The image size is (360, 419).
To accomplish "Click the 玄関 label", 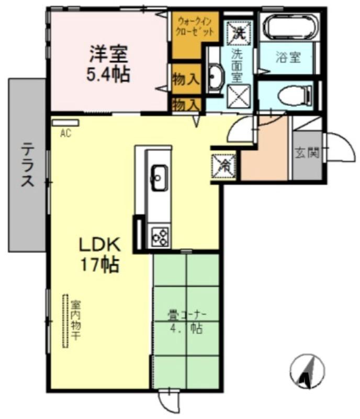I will click(307, 153).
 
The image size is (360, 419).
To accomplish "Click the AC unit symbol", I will click(69, 123).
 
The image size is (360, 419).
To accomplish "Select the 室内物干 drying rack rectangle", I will click(65, 321).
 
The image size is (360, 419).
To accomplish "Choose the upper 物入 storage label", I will click(186, 80).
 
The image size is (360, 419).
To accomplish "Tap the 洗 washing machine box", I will click(239, 32).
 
